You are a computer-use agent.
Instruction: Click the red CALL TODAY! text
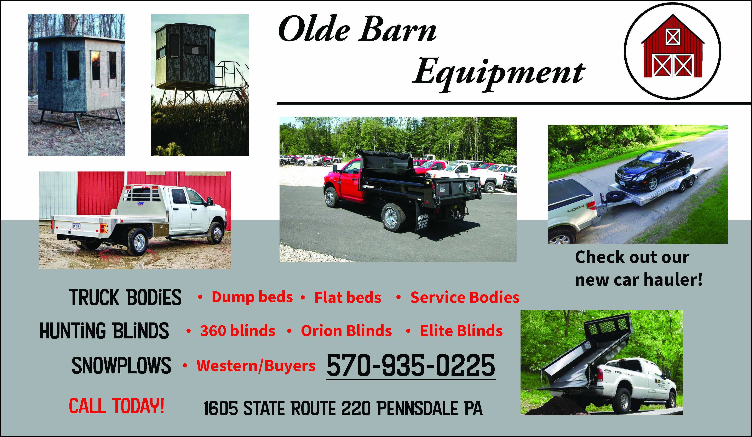(116, 406)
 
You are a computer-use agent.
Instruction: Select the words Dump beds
(252, 297)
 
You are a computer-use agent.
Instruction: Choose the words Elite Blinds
(461, 331)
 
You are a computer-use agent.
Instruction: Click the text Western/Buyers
(256, 366)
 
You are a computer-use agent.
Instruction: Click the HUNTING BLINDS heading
(104, 331)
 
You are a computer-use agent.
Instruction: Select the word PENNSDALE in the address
(418, 408)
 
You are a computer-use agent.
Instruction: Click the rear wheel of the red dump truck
(393, 217)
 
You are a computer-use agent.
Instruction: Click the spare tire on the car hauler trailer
(615, 196)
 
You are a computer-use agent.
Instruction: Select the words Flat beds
(348, 297)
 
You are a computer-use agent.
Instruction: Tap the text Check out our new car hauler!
(639, 268)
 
